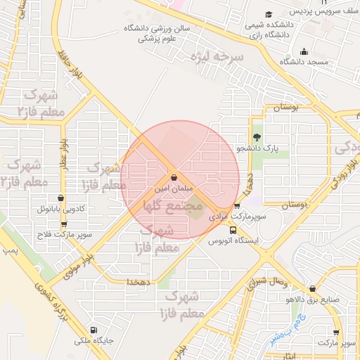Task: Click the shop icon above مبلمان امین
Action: click(174, 178)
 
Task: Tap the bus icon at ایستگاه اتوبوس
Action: click(233, 229)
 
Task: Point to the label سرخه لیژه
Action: click(219, 56)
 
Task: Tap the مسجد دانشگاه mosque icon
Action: click(304, 51)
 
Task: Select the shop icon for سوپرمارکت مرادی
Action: click(237, 207)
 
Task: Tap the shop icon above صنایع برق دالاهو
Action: click(312, 288)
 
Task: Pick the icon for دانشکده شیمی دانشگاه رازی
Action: click(267, 15)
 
